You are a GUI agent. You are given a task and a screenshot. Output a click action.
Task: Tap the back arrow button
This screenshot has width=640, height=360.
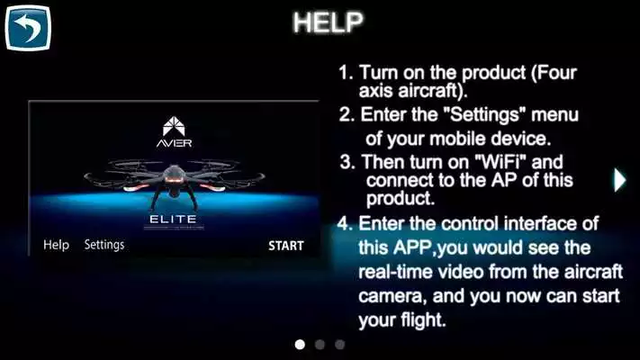[x=28, y=28]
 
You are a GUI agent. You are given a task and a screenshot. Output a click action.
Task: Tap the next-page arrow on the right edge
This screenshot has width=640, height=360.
[x=619, y=179]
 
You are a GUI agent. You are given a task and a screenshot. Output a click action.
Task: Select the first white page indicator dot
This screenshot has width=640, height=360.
[x=300, y=344]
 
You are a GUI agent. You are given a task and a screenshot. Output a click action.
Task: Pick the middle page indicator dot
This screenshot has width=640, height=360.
[x=320, y=344]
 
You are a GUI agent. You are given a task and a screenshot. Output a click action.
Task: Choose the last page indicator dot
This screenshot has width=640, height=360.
[x=339, y=344]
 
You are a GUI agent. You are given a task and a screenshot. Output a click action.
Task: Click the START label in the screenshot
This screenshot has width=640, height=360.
[x=286, y=245]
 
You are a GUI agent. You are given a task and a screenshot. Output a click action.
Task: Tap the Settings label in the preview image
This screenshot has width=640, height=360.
[x=104, y=245]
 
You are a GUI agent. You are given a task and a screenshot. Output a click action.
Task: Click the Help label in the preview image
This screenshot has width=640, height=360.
[x=56, y=245]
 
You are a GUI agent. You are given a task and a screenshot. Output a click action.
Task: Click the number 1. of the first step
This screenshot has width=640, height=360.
[x=346, y=73]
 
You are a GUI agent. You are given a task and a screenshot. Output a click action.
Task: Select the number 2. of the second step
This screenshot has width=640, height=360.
[x=347, y=115]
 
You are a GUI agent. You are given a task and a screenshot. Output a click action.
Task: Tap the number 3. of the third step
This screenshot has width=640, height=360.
[x=347, y=163]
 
